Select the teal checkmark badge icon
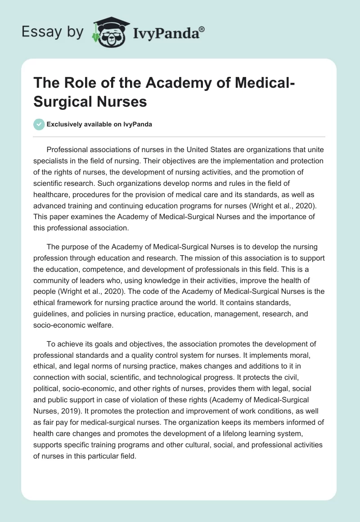tap(40, 124)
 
